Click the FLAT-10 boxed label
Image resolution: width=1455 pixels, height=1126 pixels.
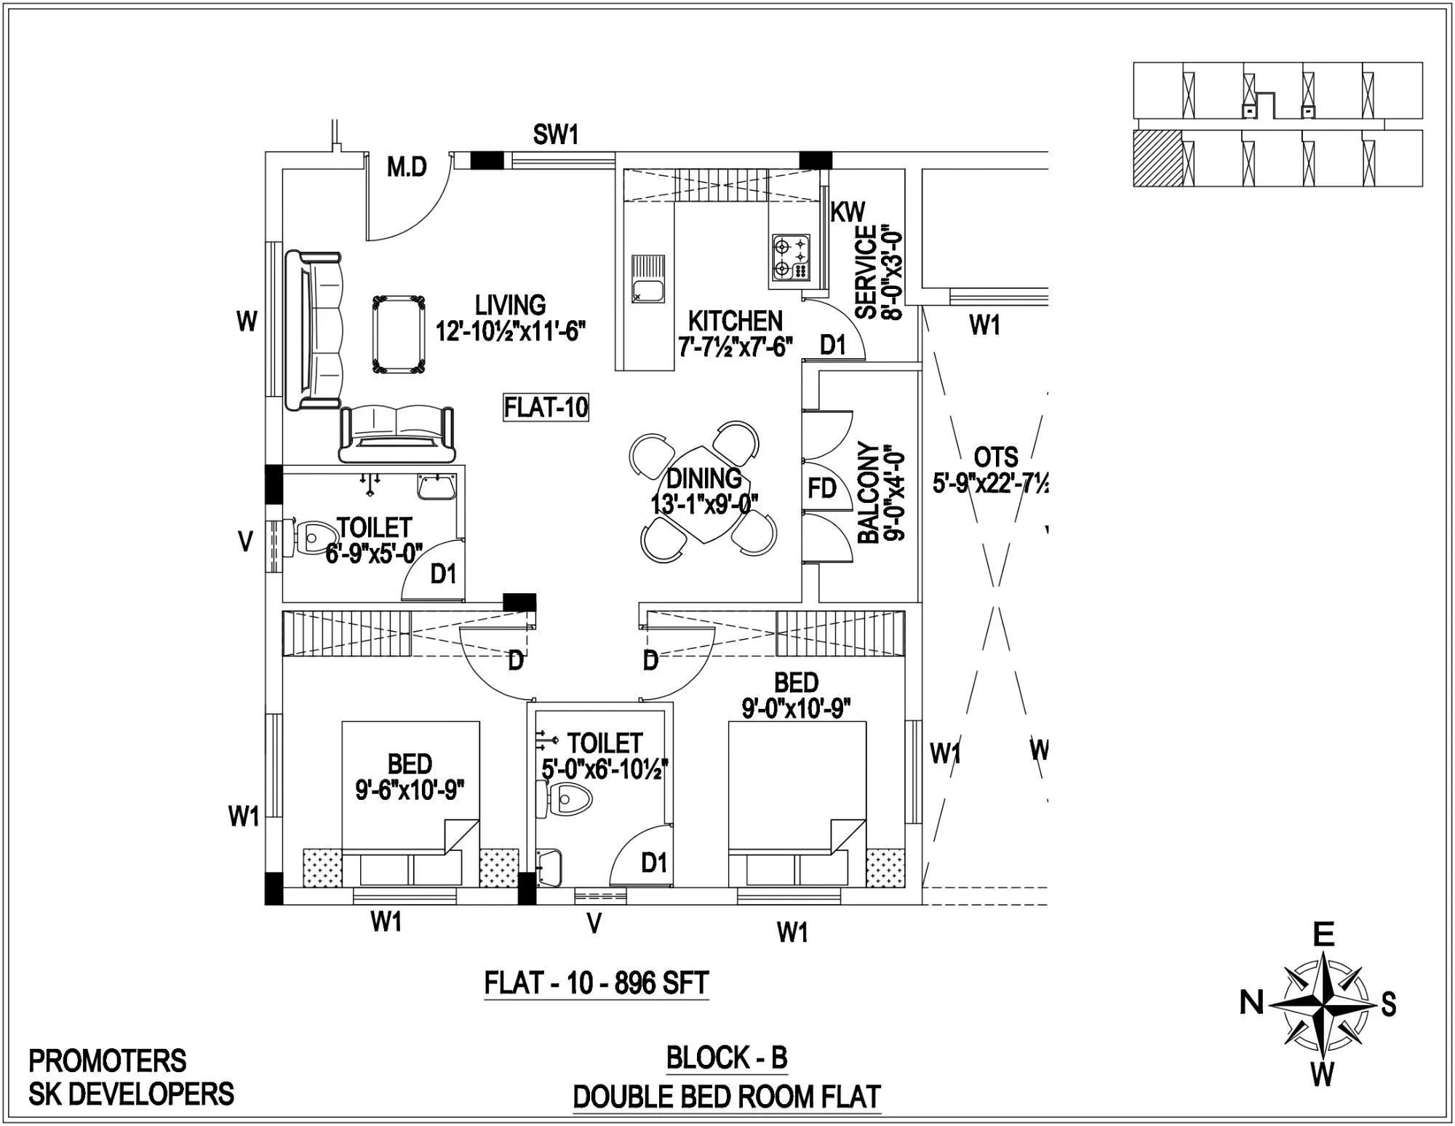[x=546, y=408]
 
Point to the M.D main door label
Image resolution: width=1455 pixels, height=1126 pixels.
[x=406, y=168]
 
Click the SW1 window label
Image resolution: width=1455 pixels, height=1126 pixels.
[x=556, y=135]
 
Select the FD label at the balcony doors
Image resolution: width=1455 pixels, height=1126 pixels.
[x=821, y=488]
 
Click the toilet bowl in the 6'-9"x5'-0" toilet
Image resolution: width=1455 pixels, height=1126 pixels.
[x=311, y=537]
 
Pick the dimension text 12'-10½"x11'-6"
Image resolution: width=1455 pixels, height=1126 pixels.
[x=511, y=331]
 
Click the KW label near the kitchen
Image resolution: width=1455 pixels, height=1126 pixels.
[x=848, y=212]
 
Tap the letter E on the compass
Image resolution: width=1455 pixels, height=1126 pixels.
[x=1323, y=934]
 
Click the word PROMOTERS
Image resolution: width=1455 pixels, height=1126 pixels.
[x=108, y=1061]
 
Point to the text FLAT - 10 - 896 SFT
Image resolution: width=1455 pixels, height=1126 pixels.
[x=596, y=984]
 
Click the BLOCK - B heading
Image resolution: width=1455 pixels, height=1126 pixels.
[x=727, y=1058]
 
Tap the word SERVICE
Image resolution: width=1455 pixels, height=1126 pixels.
[x=866, y=271]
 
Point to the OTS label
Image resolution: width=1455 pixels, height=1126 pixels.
[x=995, y=457]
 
